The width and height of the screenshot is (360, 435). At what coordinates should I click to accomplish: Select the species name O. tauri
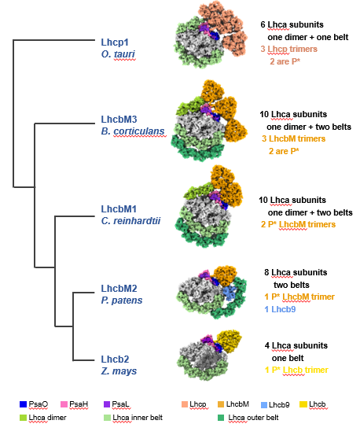click(118, 52)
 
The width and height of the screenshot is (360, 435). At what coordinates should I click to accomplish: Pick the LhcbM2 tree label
click(119, 288)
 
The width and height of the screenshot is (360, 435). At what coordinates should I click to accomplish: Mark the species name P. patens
click(122, 299)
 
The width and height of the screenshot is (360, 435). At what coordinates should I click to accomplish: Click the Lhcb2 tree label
click(114, 359)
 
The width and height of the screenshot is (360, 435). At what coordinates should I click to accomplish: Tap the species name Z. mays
click(118, 370)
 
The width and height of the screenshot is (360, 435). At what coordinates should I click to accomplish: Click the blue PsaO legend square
click(24, 404)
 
